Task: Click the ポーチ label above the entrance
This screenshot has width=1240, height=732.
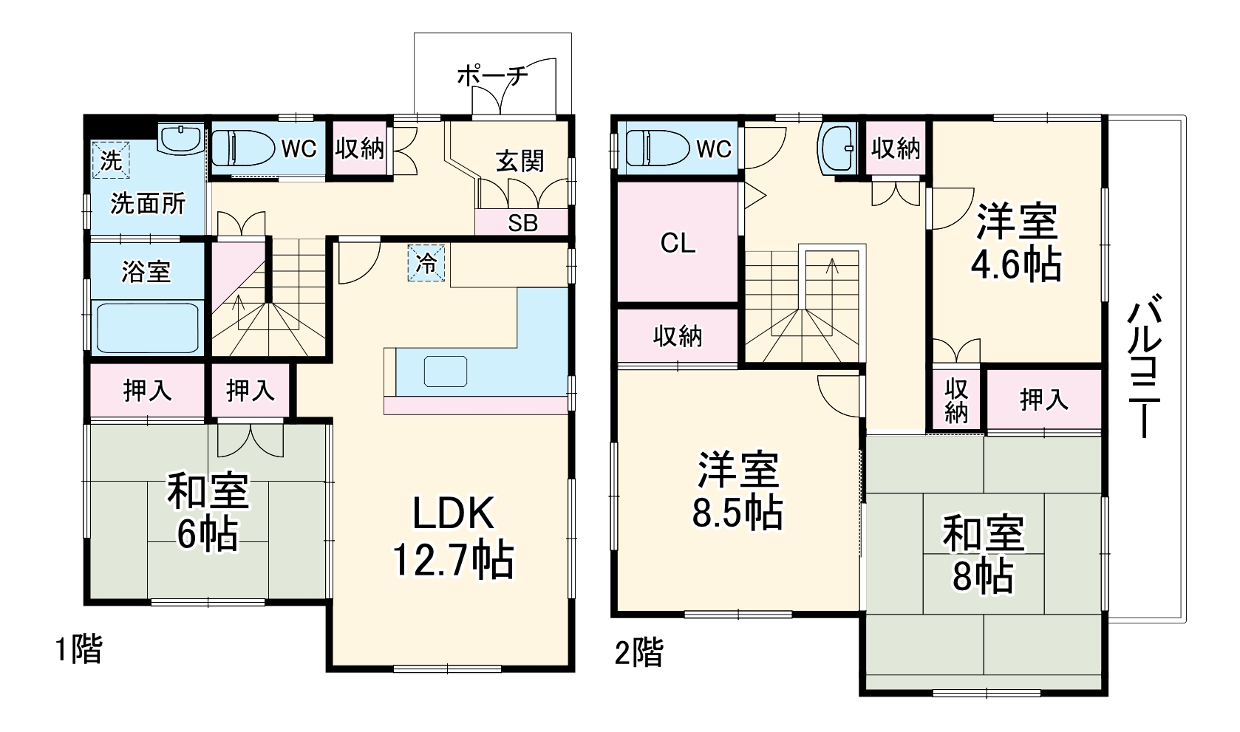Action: point(492,76)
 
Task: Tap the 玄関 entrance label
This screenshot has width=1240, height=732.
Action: point(519,161)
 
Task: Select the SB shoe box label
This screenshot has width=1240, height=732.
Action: point(522,223)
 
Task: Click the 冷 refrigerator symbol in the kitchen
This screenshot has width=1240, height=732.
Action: point(426,263)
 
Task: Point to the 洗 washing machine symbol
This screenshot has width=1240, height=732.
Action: point(111,160)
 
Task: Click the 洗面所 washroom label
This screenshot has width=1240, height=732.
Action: point(148,204)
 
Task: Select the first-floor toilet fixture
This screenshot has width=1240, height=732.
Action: point(243,148)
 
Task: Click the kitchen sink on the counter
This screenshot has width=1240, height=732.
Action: point(445,372)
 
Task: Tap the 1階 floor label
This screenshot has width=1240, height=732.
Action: point(78,649)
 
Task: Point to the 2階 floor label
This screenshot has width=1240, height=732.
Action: point(638,652)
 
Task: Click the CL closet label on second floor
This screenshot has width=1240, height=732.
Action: point(678,243)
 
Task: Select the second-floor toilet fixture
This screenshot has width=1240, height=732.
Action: point(657,148)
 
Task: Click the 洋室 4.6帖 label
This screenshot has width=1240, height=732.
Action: point(1016,242)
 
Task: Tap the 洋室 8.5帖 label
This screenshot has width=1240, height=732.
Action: point(738,490)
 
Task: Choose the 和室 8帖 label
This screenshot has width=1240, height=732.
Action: point(984,553)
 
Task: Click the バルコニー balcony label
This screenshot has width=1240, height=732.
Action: point(1144,367)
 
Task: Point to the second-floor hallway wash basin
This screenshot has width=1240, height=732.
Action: point(837,148)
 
